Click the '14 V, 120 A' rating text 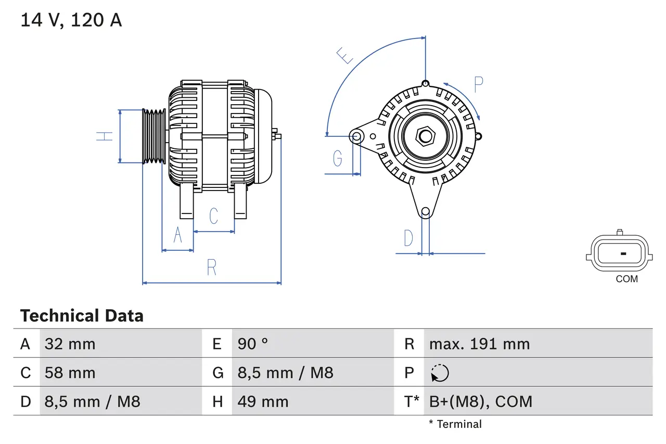click(x=71, y=20)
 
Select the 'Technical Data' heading click(x=82, y=315)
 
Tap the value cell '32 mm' click(x=70, y=344)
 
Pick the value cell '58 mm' click(x=70, y=373)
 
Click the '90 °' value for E click(x=253, y=344)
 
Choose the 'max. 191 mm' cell click(x=479, y=344)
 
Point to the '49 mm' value click(x=263, y=401)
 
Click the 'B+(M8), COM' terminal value click(x=481, y=401)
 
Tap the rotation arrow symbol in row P click(x=440, y=373)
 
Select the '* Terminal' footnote click(x=455, y=424)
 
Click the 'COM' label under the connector click(x=626, y=279)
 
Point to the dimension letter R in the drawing click(x=211, y=268)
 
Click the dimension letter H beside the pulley click(x=106, y=136)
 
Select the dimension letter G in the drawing click(x=338, y=158)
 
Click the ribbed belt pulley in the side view click(x=155, y=136)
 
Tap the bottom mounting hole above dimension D click(x=426, y=211)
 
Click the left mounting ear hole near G click(x=356, y=137)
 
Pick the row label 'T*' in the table click(x=412, y=401)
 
